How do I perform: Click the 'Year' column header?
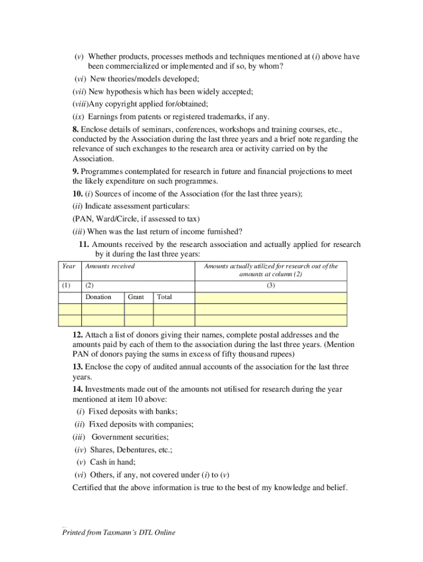click(x=69, y=266)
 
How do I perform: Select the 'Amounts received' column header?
click(x=110, y=266)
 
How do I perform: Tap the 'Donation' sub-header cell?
click(x=98, y=297)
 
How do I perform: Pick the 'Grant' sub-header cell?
click(x=136, y=297)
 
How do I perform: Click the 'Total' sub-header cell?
click(x=164, y=297)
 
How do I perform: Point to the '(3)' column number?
click(x=271, y=285)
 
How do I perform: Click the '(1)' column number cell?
click(x=66, y=285)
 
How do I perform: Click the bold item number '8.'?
click(x=76, y=130)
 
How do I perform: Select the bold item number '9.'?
click(x=76, y=172)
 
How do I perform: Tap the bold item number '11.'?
click(x=84, y=244)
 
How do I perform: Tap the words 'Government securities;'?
click(x=130, y=437)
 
